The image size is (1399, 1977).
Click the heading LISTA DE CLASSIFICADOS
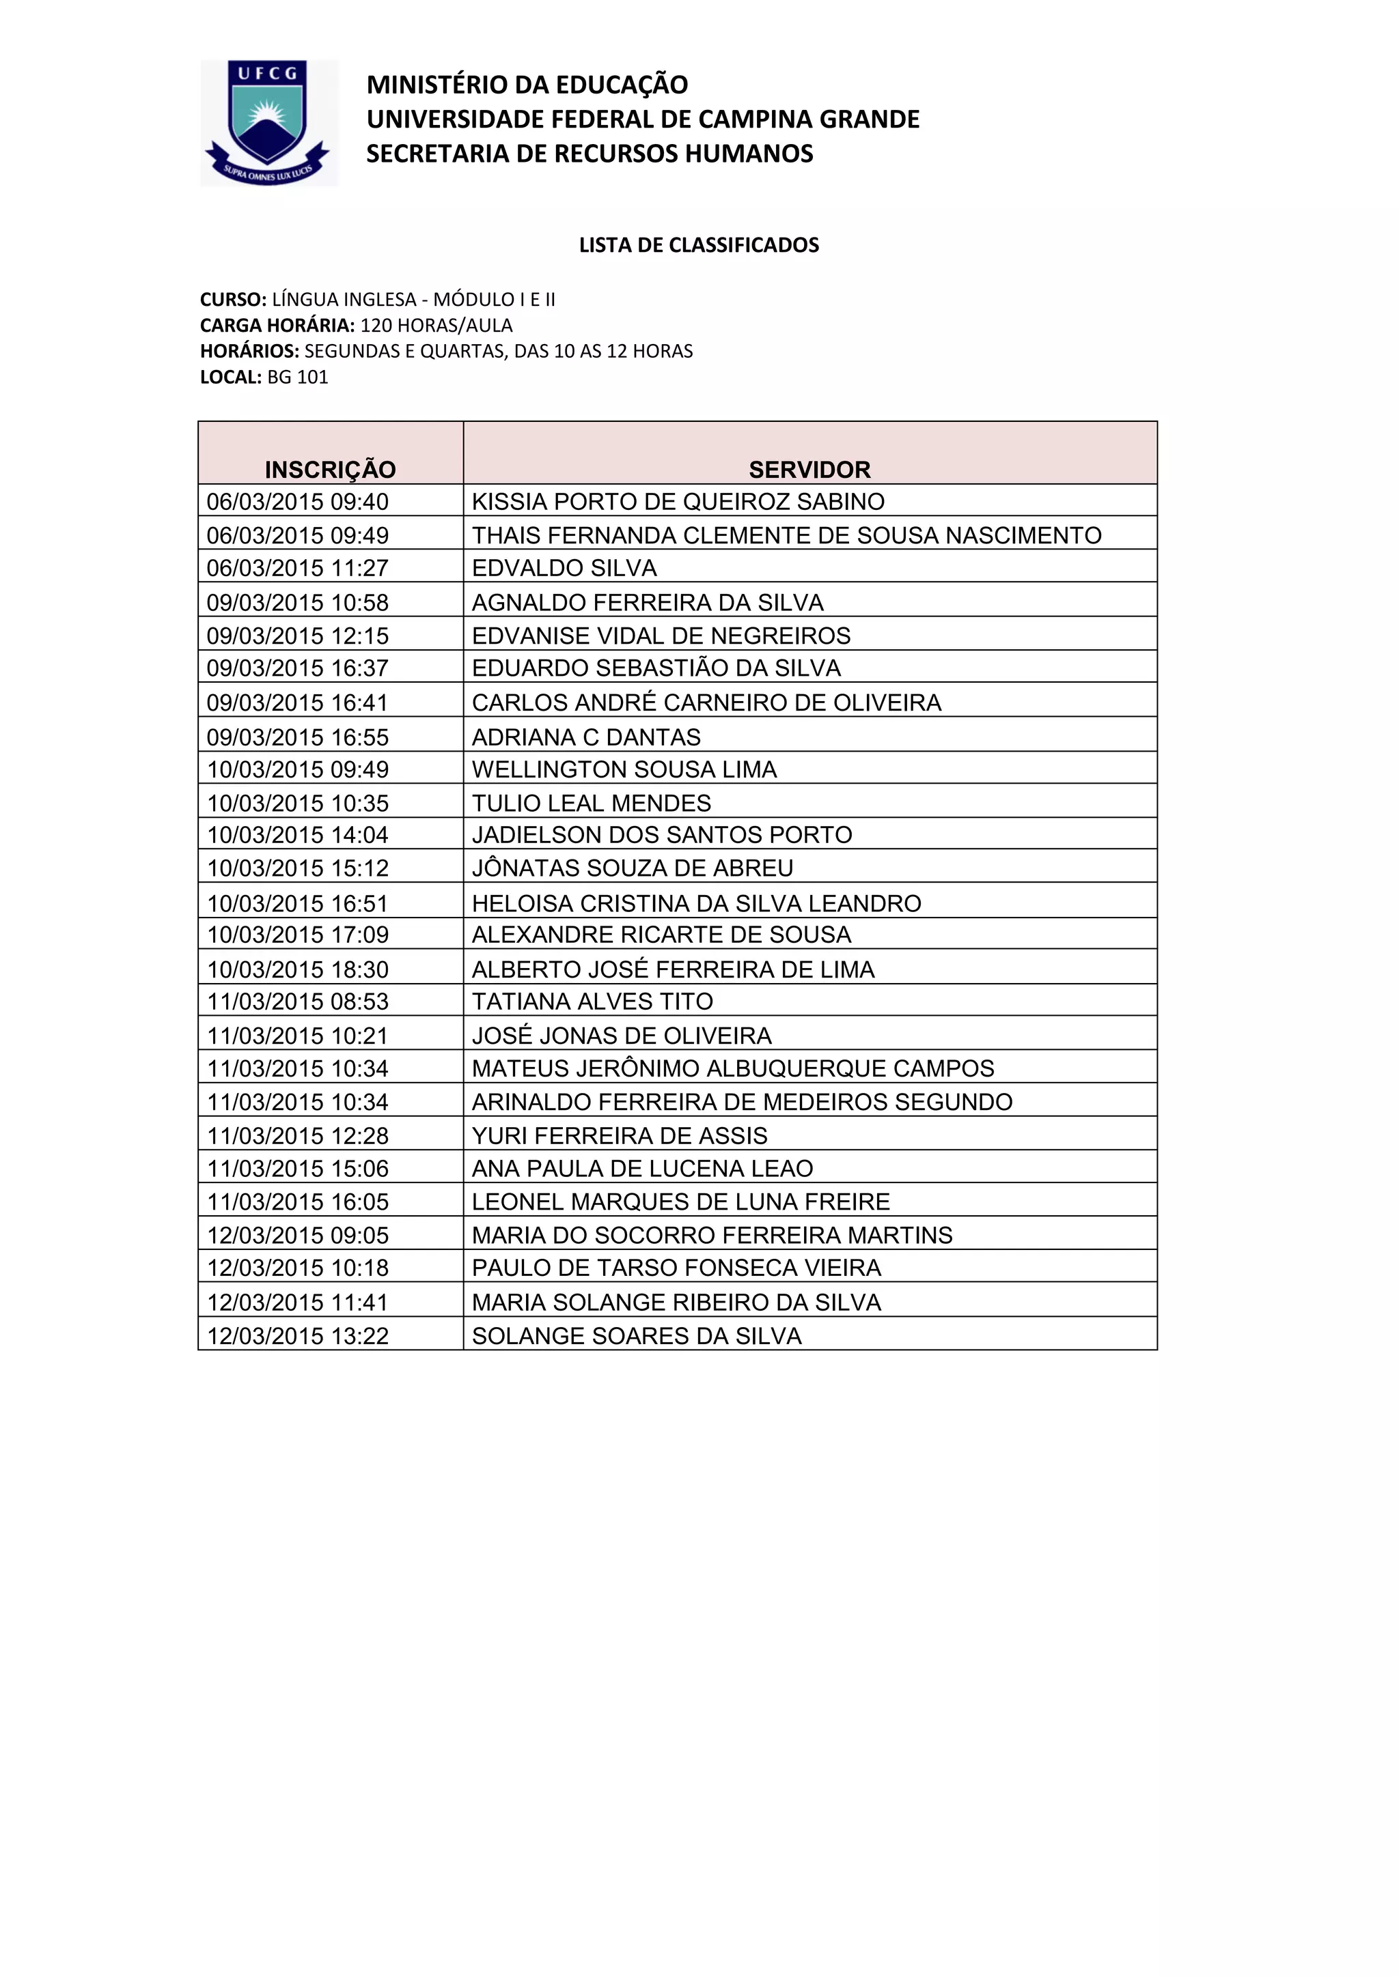pos(699,245)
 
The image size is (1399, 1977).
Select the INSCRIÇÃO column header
pos(330,469)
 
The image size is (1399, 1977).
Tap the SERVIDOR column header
pos(809,469)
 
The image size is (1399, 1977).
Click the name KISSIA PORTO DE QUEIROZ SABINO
pos(678,501)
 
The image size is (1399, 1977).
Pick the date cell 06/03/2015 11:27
pos(297,568)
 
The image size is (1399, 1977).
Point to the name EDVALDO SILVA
pos(564,568)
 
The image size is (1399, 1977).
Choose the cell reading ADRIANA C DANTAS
pos(586,737)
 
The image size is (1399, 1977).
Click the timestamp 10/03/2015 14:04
pos(297,834)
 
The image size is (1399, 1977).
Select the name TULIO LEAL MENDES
pos(591,803)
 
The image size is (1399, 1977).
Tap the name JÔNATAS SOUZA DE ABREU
pos(633,868)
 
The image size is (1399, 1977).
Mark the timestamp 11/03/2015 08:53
pos(297,1001)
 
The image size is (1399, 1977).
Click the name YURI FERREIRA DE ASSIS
pos(620,1136)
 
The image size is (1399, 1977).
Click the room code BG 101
pos(297,377)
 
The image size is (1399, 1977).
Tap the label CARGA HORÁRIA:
pos(277,326)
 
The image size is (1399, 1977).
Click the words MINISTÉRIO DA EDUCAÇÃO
pos(527,85)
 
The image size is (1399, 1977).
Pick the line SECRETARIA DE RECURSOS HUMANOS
pos(590,154)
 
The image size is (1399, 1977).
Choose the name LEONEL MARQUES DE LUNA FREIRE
pos(680,1201)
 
